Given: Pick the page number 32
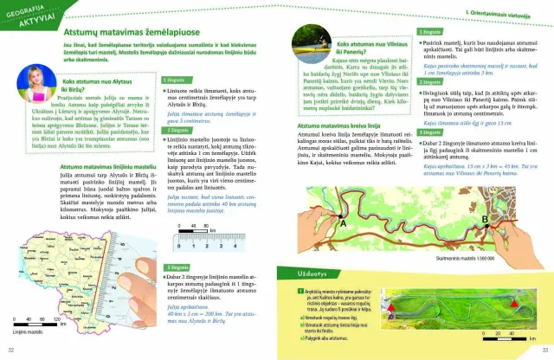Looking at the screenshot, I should (x=10, y=349).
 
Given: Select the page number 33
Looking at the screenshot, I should (x=543, y=349).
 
